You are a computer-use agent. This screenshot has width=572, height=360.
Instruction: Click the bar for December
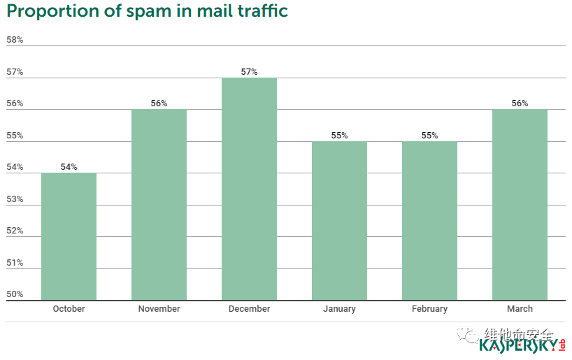tap(249, 189)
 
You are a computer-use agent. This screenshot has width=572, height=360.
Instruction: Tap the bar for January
tap(339, 221)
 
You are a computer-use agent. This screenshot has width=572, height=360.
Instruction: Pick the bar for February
tap(429, 221)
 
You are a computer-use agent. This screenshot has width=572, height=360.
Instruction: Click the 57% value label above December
tap(249, 71)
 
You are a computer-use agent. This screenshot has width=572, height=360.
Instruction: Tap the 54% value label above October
tap(69, 167)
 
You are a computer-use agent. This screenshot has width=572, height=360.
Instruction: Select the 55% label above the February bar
tap(429, 136)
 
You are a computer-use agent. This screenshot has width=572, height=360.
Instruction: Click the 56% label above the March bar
tap(520, 103)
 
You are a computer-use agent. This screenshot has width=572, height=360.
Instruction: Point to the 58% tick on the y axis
tap(15, 40)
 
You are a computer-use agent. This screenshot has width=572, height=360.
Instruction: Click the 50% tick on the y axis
tap(15, 294)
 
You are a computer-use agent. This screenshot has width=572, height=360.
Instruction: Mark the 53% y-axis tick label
tap(15, 199)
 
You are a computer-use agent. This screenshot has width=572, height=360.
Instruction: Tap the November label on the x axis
tap(159, 309)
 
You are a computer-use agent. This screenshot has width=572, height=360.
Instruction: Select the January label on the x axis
tap(339, 309)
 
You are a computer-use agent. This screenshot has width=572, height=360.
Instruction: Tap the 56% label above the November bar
tap(159, 103)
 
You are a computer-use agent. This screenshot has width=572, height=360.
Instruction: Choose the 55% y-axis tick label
tap(15, 136)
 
